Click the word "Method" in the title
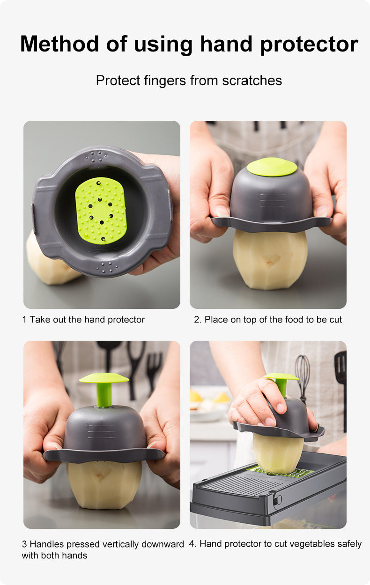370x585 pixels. tap(59, 44)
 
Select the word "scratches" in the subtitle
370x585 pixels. tap(252, 80)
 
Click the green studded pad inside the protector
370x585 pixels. tap(101, 211)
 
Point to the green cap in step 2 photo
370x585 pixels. tap(272, 167)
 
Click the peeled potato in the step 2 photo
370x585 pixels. tap(270, 260)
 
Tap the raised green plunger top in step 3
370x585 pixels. tap(104, 378)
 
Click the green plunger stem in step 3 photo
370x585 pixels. tap(104, 395)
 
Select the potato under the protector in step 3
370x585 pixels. tap(104, 485)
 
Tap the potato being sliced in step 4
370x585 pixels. tap(278, 453)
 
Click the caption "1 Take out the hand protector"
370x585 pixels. tap(83, 319)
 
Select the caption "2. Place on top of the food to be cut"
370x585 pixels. tap(268, 319)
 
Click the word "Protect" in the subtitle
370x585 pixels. tap(118, 80)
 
